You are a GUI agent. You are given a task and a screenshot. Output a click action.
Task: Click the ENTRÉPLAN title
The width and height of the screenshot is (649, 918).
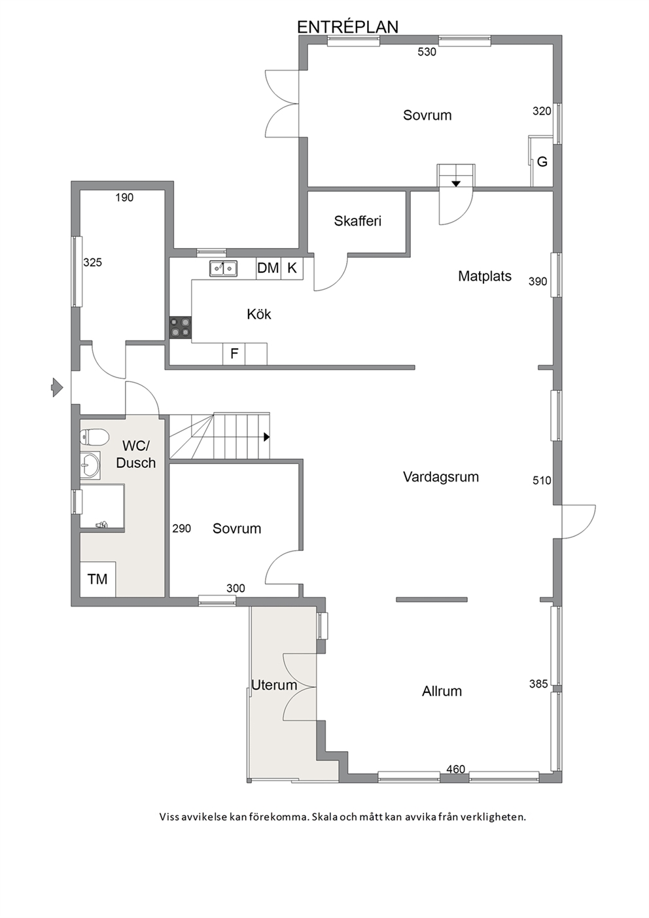click(347, 27)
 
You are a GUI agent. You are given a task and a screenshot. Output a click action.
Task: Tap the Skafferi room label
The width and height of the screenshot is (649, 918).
click(357, 221)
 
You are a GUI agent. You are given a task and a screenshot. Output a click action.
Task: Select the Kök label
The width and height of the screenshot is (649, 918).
click(259, 314)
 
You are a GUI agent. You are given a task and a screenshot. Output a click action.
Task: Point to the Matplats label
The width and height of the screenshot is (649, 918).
click(485, 276)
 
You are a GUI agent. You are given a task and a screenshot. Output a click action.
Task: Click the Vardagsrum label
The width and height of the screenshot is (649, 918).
click(441, 477)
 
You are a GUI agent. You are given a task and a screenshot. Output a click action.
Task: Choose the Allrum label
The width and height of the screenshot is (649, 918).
click(442, 692)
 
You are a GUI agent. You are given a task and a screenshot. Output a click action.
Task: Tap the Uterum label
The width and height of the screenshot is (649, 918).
click(274, 685)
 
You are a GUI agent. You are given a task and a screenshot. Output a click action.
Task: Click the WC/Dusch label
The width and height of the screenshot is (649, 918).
click(135, 454)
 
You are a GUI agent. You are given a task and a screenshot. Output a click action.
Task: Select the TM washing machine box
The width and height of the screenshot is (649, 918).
click(97, 579)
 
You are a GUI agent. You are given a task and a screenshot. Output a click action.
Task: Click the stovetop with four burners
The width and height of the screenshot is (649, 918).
click(181, 328)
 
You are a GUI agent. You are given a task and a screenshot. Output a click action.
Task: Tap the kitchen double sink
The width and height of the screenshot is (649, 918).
click(223, 268)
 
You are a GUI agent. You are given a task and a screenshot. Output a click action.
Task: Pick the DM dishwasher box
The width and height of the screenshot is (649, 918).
click(268, 268)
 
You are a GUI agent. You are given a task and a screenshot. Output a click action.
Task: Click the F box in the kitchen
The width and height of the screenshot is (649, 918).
click(234, 354)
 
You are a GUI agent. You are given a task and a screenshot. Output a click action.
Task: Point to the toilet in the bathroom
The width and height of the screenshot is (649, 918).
click(94, 437)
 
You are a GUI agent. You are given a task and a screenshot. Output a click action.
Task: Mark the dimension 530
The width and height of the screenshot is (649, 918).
click(427, 52)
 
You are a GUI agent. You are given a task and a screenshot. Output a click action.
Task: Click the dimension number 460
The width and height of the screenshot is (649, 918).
click(455, 769)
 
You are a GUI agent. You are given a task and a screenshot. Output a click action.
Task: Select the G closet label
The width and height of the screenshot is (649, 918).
click(542, 162)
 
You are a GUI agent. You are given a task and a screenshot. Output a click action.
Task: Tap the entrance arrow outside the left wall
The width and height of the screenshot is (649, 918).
click(56, 387)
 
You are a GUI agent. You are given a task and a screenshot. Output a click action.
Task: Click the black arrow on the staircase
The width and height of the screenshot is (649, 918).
click(266, 437)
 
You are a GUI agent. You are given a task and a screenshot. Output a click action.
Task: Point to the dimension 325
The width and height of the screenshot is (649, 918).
click(93, 262)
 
